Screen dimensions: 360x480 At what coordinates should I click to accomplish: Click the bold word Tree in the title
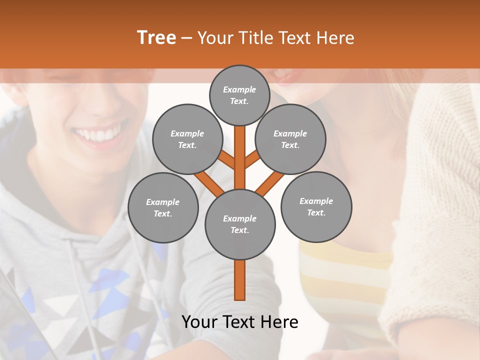[156, 37]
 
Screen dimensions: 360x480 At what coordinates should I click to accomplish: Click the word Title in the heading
[255, 38]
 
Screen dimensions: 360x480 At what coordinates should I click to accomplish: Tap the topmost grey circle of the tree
[239, 95]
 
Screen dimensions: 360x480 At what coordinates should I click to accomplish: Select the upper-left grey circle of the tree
[187, 139]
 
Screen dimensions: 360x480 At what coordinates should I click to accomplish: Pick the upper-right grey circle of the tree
[290, 139]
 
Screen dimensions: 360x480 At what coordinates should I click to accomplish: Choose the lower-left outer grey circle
[163, 207]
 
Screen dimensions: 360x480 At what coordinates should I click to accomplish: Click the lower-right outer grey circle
[316, 206]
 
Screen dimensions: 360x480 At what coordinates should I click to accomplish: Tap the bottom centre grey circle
[240, 224]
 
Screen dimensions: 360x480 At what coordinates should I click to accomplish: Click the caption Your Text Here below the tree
[240, 322]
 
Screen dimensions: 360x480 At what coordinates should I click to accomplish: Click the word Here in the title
[337, 38]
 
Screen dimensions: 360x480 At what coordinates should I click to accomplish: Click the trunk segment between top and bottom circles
[240, 157]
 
